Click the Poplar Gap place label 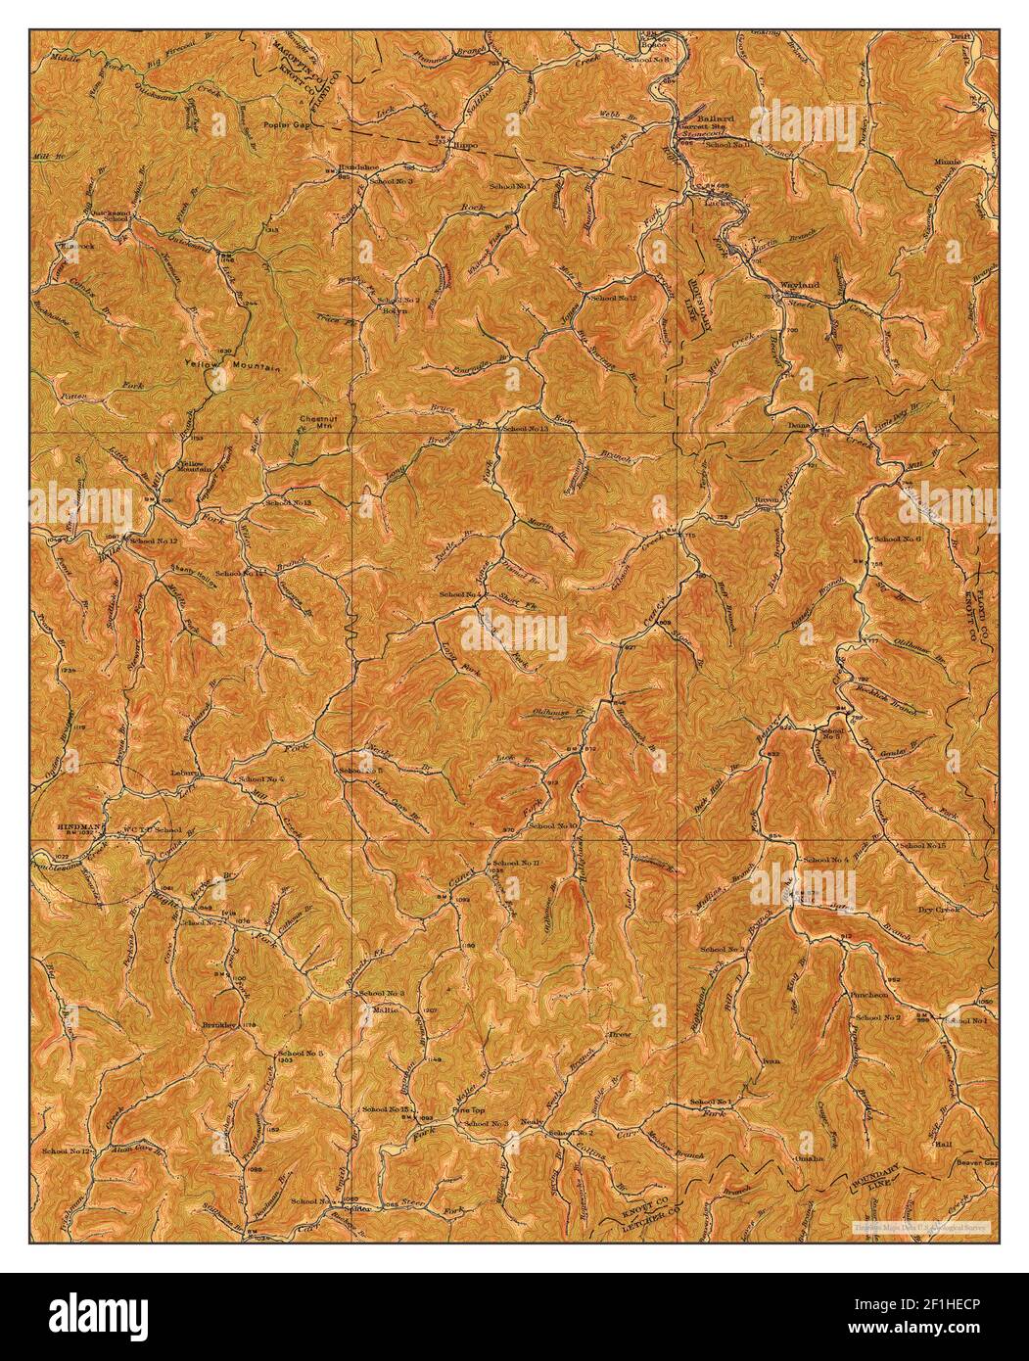click(285, 127)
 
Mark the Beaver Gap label click(976, 1162)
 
